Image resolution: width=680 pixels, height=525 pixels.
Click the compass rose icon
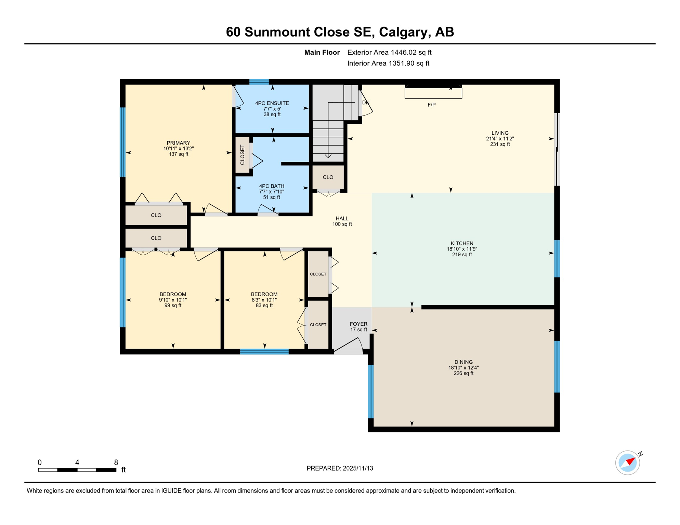click(x=627, y=463)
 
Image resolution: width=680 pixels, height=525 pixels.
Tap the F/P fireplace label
click(x=431, y=105)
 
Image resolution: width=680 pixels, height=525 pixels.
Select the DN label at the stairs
click(x=366, y=103)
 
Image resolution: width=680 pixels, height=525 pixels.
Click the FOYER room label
click(x=358, y=324)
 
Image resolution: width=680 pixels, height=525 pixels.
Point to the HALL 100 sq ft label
click(x=342, y=221)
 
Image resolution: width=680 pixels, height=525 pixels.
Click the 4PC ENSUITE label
click(x=272, y=103)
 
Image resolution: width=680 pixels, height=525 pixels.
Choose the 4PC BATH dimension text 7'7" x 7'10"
click(x=272, y=192)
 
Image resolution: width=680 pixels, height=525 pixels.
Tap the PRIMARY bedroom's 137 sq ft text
click(x=179, y=154)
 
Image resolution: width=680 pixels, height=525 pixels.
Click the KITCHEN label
click(x=462, y=243)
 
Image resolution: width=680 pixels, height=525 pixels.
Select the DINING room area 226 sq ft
click(x=463, y=373)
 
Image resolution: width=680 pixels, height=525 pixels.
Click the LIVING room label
click(x=500, y=133)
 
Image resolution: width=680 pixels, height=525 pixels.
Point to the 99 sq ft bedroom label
click(x=173, y=305)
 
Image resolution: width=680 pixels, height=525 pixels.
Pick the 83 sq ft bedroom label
click(x=264, y=305)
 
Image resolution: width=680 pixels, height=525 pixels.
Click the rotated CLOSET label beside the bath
click(x=243, y=155)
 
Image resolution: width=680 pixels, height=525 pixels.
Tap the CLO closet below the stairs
click(x=328, y=177)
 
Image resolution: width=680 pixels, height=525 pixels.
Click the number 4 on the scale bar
click(x=77, y=462)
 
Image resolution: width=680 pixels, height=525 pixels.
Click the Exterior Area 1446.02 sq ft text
click(x=389, y=52)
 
